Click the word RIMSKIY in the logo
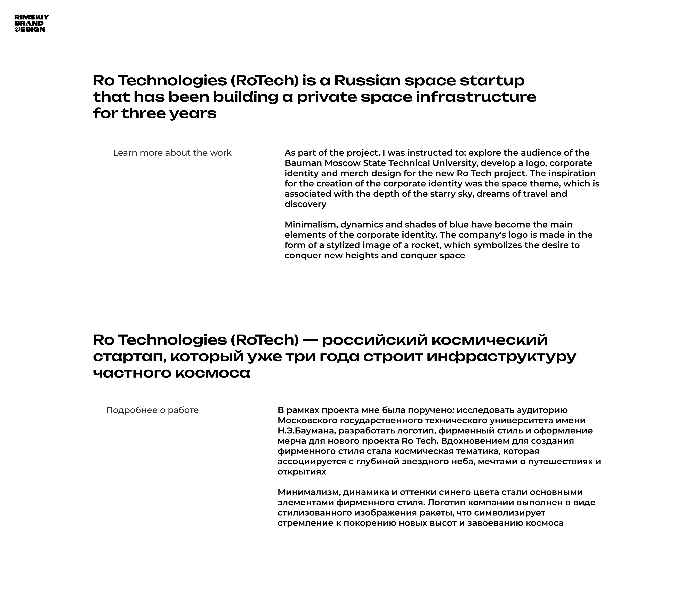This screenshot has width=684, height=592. tap(32, 17)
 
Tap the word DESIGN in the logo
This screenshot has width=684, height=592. tap(30, 29)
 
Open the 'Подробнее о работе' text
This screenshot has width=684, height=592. tap(152, 410)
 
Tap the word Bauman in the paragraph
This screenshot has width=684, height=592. tap(303, 163)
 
